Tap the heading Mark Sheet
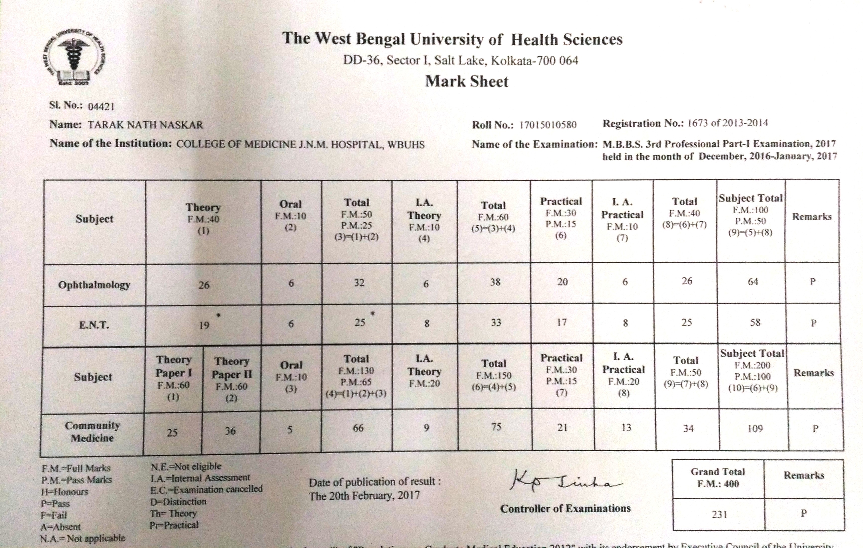tap(467, 82)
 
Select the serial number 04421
tap(101, 106)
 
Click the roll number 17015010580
tap(548, 125)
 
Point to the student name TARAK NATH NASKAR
tap(145, 125)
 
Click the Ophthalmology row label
tap(94, 285)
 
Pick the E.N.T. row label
tap(94, 325)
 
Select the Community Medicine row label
tap(92, 431)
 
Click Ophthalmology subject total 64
tap(753, 282)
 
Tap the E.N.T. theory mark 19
tap(204, 325)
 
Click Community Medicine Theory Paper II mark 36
tap(230, 431)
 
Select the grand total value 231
tap(719, 515)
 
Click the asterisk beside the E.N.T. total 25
tap(373, 314)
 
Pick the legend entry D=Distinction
tap(178, 502)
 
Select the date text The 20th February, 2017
tap(364, 496)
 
